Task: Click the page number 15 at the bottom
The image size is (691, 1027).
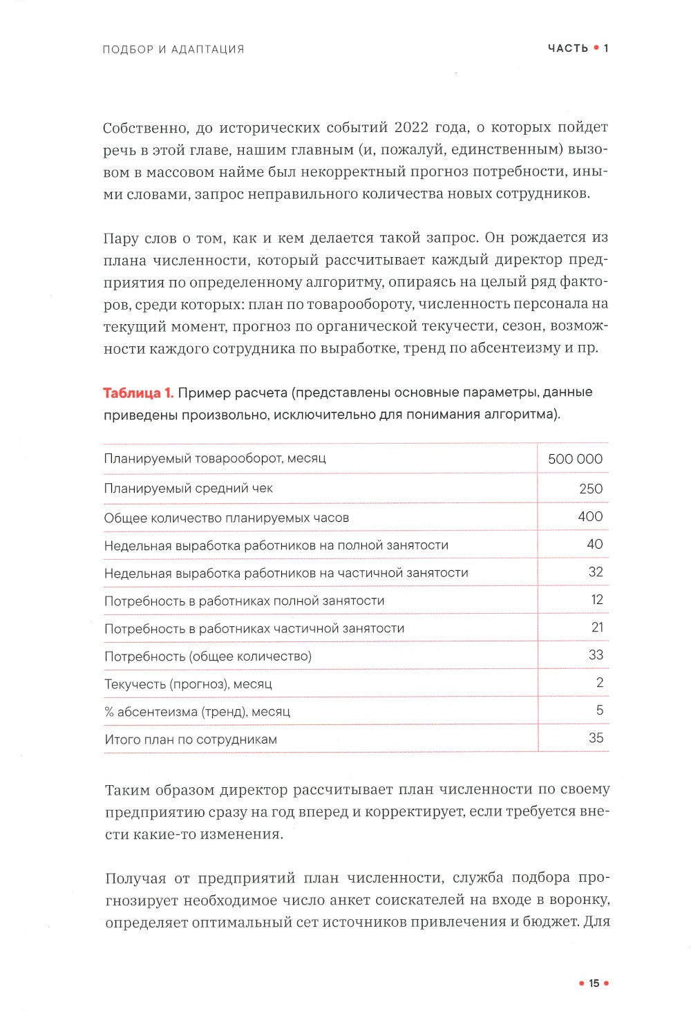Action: (594, 983)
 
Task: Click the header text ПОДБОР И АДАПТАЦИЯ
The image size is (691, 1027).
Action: (173, 49)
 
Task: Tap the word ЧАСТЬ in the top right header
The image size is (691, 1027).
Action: (568, 48)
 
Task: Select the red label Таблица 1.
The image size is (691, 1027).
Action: (138, 393)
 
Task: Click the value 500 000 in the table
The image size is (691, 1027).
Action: (575, 459)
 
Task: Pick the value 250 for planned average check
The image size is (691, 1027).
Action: (591, 489)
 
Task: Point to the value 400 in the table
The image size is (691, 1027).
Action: (590, 516)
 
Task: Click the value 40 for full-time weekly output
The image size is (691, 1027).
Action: (594, 544)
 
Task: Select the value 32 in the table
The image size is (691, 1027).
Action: (595, 572)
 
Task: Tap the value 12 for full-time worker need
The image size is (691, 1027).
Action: (597, 599)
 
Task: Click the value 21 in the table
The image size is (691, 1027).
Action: (597, 627)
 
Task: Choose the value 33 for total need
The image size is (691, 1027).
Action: (596, 654)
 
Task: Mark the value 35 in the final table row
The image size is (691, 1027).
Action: (596, 737)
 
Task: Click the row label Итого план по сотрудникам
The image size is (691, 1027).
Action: (191, 739)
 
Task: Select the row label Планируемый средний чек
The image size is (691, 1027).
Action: (188, 488)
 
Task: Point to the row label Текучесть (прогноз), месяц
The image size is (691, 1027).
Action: (188, 684)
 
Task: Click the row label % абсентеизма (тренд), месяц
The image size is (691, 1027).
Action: (197, 711)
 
